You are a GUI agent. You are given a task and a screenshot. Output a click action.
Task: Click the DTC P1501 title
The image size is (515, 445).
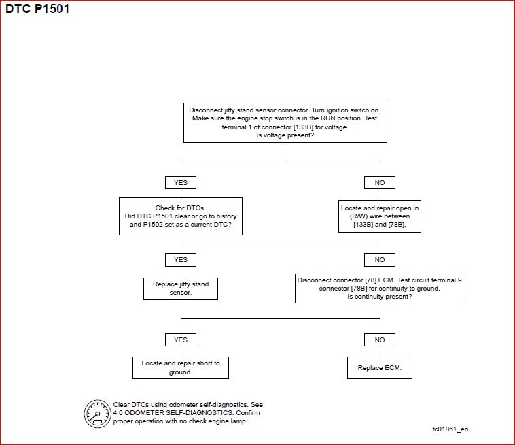(x=37, y=9)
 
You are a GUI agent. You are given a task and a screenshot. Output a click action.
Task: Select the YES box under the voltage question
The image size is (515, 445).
(x=181, y=182)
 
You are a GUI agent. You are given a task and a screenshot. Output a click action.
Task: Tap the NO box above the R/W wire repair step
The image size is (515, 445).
(x=380, y=182)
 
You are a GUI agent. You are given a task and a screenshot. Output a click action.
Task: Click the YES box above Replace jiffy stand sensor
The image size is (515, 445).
(x=181, y=259)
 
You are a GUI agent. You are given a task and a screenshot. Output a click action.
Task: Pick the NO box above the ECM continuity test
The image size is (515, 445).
(x=380, y=259)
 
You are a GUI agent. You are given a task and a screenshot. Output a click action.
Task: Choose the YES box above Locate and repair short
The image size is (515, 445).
(x=181, y=340)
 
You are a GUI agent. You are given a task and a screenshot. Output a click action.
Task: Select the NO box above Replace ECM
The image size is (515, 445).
(x=380, y=340)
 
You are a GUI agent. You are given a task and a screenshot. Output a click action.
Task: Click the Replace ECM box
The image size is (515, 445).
(x=380, y=367)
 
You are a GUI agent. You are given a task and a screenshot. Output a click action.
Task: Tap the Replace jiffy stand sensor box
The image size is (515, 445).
(x=181, y=289)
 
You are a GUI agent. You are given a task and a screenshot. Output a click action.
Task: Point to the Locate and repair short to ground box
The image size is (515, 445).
(x=181, y=367)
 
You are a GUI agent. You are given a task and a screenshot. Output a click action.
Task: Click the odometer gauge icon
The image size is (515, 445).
(x=98, y=414)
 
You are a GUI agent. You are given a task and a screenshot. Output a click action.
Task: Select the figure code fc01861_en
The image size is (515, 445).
(x=450, y=429)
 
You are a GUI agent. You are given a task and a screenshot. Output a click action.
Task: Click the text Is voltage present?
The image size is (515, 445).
(x=285, y=135)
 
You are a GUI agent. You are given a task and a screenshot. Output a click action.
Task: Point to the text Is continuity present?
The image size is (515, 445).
(x=380, y=297)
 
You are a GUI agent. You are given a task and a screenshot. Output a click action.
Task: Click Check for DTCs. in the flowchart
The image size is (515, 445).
(x=180, y=208)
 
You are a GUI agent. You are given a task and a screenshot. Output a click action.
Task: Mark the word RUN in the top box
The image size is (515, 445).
(x=328, y=118)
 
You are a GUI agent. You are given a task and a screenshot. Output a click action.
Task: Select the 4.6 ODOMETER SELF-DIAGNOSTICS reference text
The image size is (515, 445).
(x=173, y=413)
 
